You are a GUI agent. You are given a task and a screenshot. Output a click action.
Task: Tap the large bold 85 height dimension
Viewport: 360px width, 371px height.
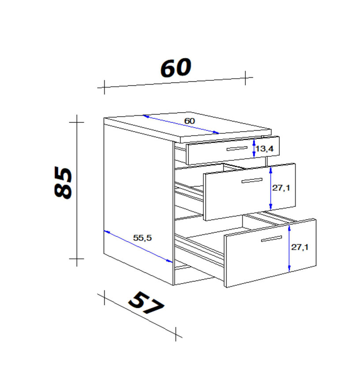tap(63, 182)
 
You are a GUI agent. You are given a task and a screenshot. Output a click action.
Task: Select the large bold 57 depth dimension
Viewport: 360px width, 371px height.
tap(146, 303)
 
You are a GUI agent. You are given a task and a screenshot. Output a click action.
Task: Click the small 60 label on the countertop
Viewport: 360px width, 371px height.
tap(190, 121)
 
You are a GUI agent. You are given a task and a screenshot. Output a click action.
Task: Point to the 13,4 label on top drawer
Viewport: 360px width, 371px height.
tap(264, 148)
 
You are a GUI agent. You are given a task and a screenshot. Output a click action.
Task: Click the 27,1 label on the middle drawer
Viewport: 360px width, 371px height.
tap(281, 188)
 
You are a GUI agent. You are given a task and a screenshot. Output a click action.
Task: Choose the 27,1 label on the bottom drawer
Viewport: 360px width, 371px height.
tap(300, 247)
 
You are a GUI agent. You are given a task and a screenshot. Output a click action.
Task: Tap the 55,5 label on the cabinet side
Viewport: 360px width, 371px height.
tap(142, 238)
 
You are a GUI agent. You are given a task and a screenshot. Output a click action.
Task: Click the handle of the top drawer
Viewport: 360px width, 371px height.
tap(237, 148)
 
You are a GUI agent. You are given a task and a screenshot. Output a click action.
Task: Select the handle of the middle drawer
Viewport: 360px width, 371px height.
tap(252, 181)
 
